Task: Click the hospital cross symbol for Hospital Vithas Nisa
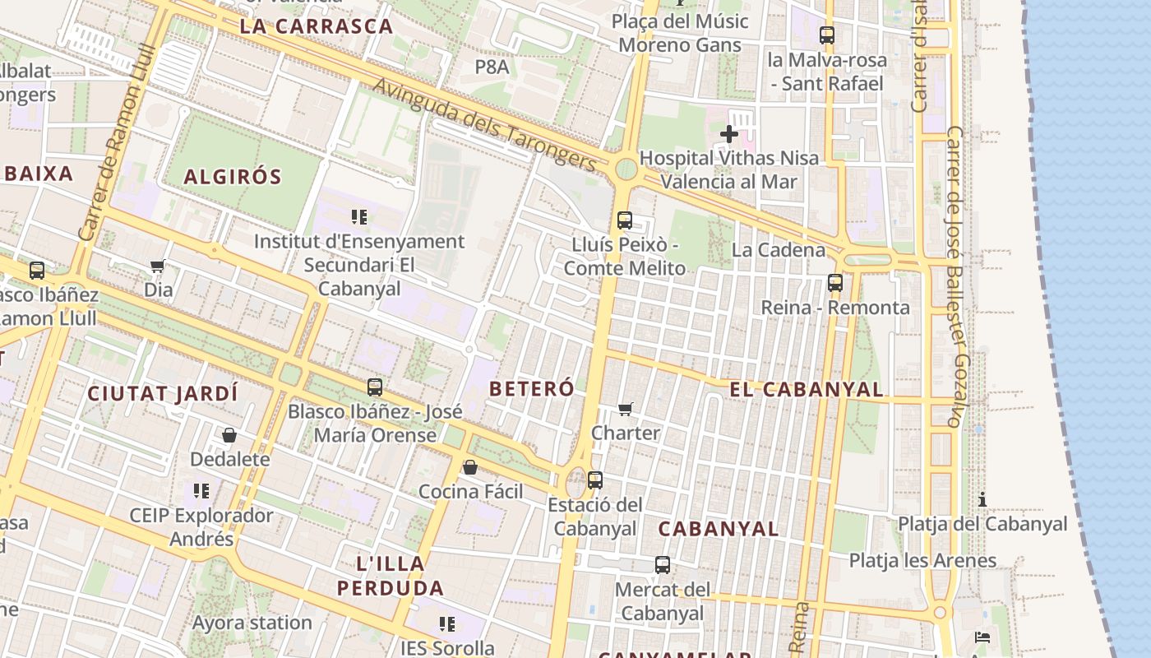728,133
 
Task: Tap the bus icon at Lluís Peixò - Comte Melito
625,220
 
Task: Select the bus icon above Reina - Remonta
835,283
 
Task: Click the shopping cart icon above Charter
626,409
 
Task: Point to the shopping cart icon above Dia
158,266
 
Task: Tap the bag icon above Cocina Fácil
470,467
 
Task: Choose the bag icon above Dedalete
229,434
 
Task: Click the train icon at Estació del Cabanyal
595,480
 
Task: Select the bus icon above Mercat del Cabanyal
663,565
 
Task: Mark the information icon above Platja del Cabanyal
982,499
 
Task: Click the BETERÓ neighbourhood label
531,389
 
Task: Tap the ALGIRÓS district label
233,176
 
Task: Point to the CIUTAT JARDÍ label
163,393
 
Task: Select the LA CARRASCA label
317,25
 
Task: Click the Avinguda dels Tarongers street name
484,125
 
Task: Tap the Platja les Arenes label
922,561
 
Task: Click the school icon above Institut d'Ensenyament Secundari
359,217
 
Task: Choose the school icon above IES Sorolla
447,624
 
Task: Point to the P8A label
492,67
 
